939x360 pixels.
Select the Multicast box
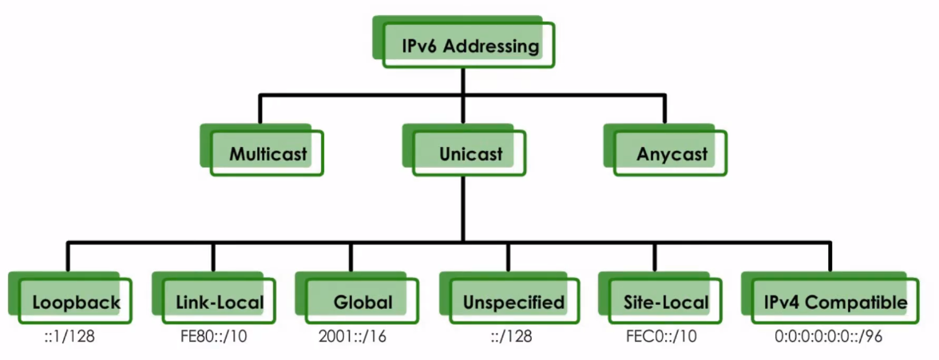point(267,153)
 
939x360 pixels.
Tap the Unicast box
point(470,153)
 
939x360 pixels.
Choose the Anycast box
point(672,153)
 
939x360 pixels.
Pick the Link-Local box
point(218,302)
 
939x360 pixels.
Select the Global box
point(363,302)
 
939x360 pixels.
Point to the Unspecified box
point(513,302)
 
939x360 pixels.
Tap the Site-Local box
point(665,302)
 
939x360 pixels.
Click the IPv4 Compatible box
point(834,302)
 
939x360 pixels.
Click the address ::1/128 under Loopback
point(69,336)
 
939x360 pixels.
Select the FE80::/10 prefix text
point(214,336)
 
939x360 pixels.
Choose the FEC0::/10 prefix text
point(661,336)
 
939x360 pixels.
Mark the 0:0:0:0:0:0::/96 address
point(828,336)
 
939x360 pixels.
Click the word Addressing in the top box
point(490,46)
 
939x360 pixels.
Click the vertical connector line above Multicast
point(260,109)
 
